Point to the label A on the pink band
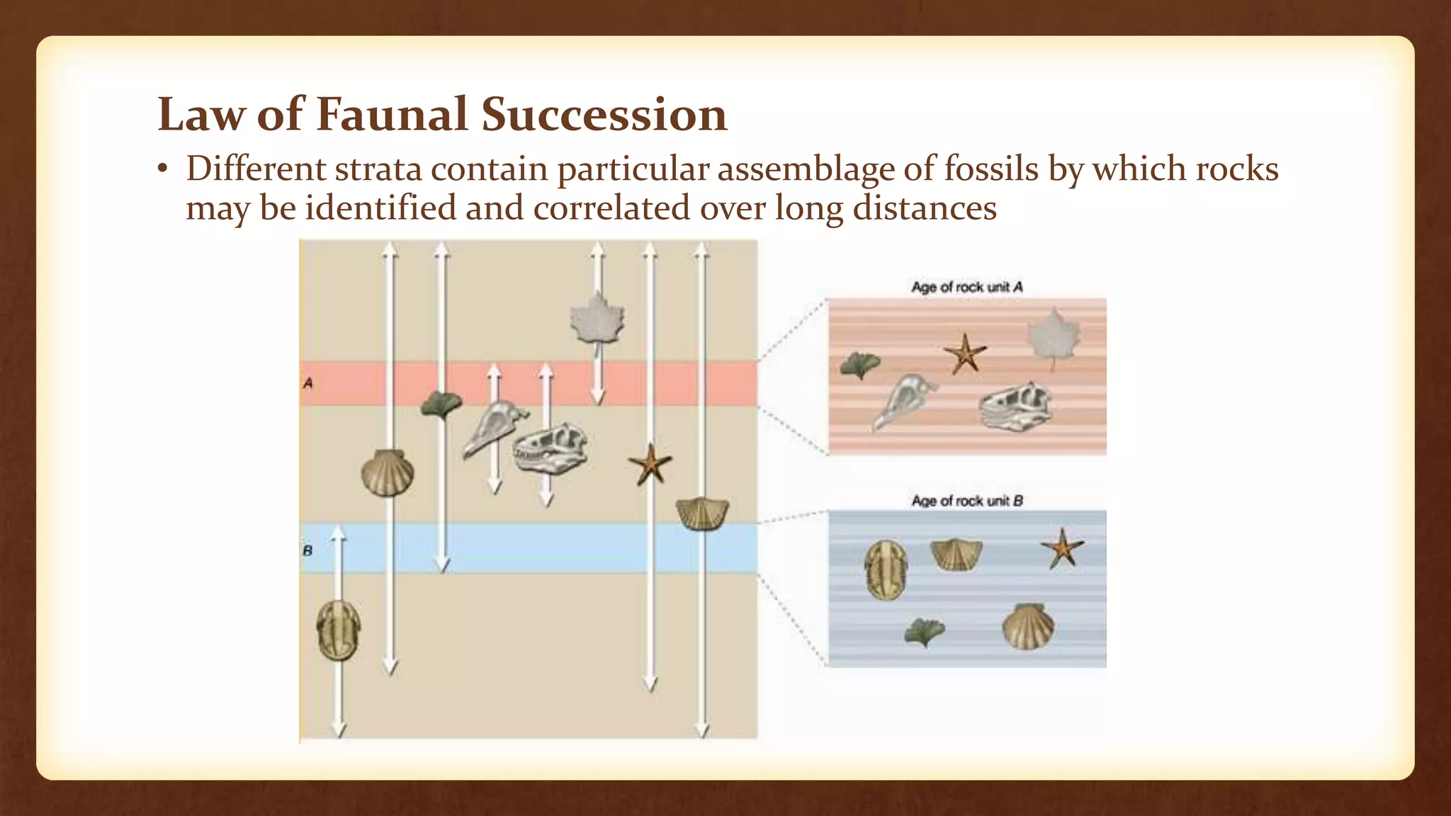click(308, 383)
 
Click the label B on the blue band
click(307, 550)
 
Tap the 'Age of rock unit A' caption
click(966, 287)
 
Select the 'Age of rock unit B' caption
click(966, 501)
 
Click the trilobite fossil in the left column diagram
click(338, 630)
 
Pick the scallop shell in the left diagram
click(387, 473)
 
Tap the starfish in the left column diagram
click(650, 465)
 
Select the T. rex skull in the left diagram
click(551, 448)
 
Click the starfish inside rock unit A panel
click(965, 353)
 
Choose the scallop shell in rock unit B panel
click(1027, 626)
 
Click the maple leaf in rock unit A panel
click(1054, 336)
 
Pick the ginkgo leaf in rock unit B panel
click(925, 630)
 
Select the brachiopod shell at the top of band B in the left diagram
click(702, 514)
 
